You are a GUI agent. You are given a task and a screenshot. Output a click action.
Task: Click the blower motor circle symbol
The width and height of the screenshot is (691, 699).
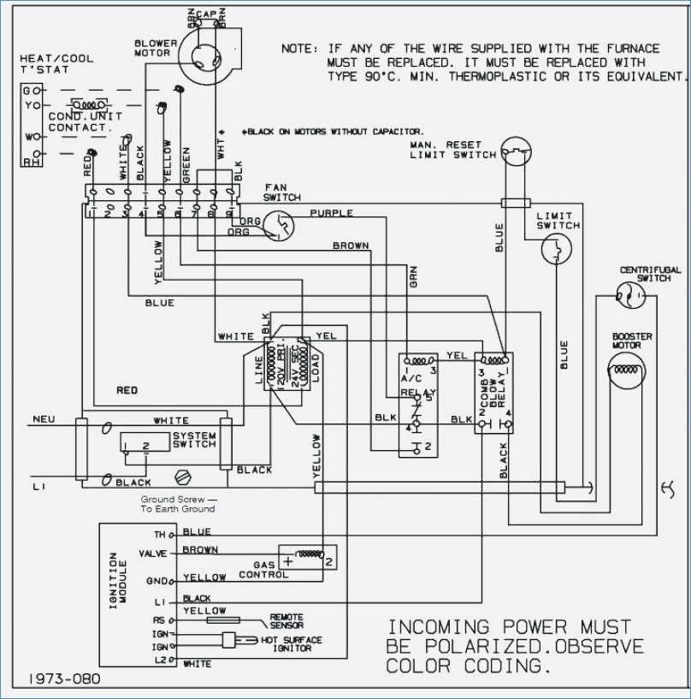click(206, 52)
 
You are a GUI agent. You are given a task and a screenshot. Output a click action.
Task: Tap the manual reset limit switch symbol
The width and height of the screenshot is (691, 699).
click(516, 153)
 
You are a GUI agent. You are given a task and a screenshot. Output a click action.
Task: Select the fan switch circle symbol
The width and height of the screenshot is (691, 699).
click(278, 224)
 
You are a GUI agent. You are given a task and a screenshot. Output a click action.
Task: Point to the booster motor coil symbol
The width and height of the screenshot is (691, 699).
click(626, 370)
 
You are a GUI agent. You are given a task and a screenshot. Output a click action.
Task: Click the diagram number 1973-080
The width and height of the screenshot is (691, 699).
click(65, 678)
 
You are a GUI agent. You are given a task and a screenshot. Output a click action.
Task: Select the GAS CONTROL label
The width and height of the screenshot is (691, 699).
click(257, 570)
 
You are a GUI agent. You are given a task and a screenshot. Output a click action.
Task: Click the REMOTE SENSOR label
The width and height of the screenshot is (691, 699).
click(286, 621)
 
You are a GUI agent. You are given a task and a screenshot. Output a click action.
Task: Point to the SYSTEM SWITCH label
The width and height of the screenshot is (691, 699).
click(194, 440)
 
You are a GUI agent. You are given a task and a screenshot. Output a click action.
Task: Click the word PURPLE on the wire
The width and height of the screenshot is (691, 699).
click(331, 213)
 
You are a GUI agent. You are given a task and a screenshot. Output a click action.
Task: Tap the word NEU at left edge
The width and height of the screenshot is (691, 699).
click(44, 419)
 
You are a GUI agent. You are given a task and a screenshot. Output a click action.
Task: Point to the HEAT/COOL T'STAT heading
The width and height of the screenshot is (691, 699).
click(48, 64)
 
